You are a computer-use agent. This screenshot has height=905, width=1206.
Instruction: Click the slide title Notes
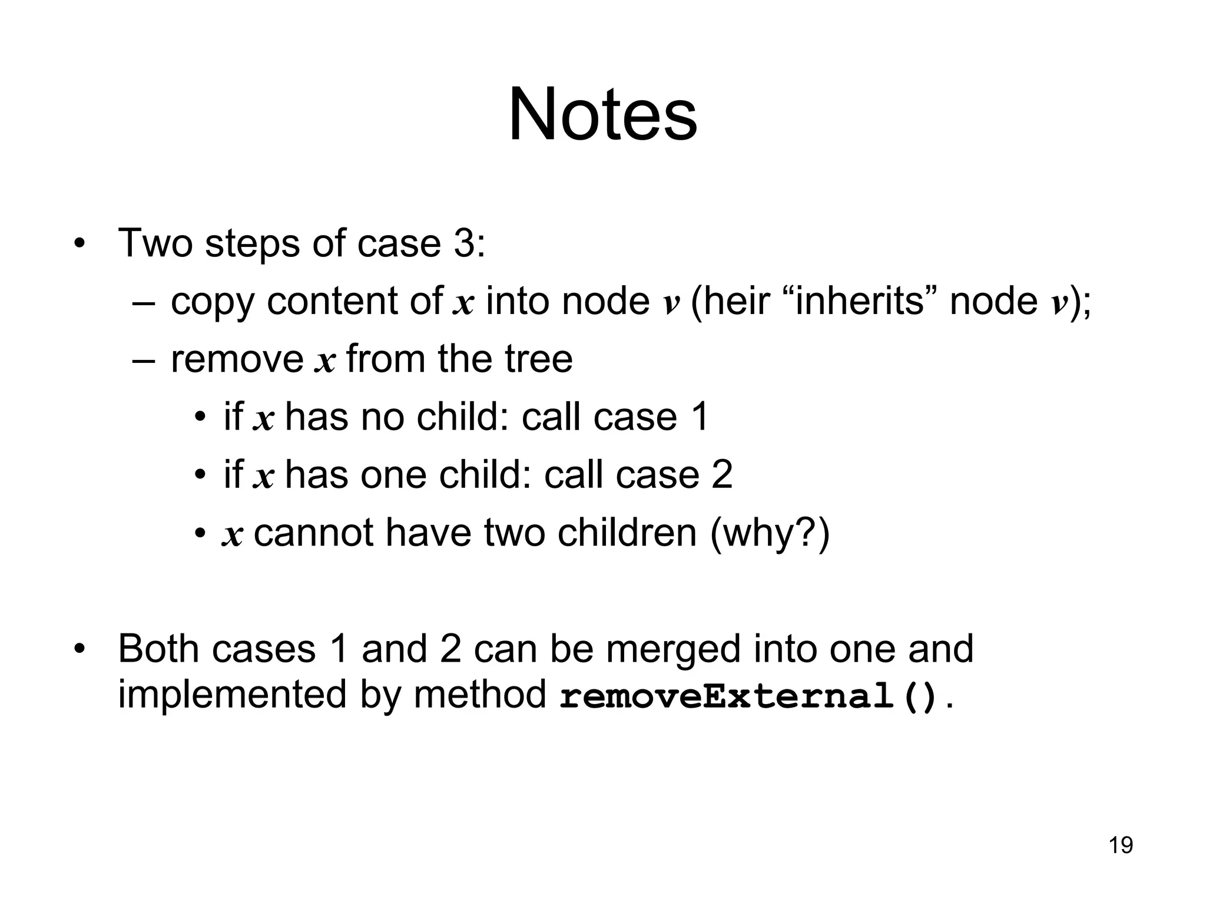(x=602, y=114)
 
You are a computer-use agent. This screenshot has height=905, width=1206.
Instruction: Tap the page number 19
(x=1121, y=845)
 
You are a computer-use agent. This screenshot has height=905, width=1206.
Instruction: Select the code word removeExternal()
(x=748, y=696)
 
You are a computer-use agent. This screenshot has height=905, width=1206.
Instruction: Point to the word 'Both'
(x=158, y=649)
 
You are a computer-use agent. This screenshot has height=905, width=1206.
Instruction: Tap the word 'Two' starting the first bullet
(x=155, y=243)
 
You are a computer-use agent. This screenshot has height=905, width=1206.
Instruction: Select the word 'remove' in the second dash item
(x=236, y=359)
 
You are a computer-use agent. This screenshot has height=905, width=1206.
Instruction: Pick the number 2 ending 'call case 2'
(x=721, y=475)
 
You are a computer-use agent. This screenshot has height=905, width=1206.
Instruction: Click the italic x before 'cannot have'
(x=232, y=535)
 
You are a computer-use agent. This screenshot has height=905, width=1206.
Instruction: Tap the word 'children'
(x=627, y=533)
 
